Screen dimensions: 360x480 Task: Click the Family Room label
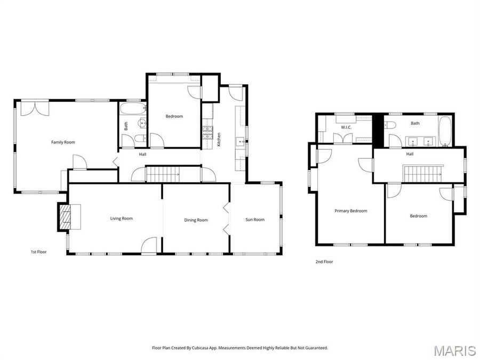coord(63,142)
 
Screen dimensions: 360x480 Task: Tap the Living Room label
coord(121,218)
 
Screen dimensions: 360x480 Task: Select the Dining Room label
coord(196,220)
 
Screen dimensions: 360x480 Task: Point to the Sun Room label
coord(254,219)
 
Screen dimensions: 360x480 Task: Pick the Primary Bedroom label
coord(350,211)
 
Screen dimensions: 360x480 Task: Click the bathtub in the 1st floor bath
coord(131,109)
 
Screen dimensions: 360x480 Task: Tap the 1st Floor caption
coord(39,251)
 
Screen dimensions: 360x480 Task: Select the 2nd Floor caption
coord(324,262)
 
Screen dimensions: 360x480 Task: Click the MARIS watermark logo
coord(454,350)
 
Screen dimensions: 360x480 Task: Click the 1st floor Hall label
coord(142,155)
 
